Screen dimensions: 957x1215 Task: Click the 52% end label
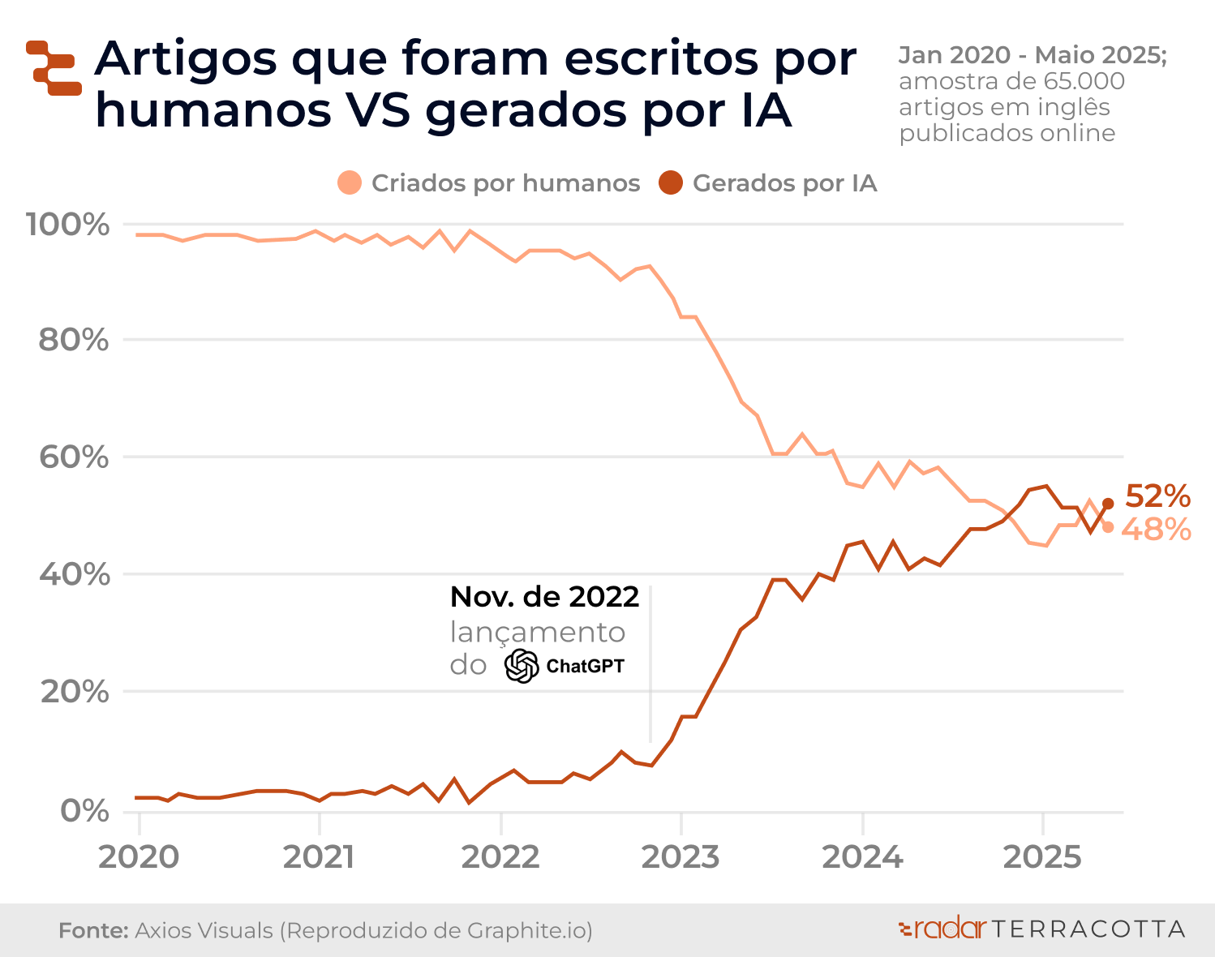pyautogui.click(x=1157, y=496)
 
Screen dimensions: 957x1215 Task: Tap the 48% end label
pyautogui.click(x=1157, y=530)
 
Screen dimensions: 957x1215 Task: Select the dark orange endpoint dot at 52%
pyautogui.click(x=1108, y=504)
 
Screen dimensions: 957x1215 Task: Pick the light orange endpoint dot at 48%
pyautogui.click(x=1108, y=527)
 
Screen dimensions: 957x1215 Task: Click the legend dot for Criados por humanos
pyautogui.click(x=350, y=183)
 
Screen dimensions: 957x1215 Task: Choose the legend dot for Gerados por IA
pyautogui.click(x=671, y=183)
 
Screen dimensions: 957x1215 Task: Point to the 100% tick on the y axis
pyautogui.click(x=67, y=225)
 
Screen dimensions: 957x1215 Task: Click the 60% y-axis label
pyautogui.click(x=73, y=457)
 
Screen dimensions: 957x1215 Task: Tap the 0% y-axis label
pyautogui.click(x=84, y=810)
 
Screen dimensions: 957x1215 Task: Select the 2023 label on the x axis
pyautogui.click(x=680, y=857)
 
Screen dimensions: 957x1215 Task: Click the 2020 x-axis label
pyautogui.click(x=139, y=857)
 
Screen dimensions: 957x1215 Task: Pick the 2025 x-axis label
pyautogui.click(x=1042, y=857)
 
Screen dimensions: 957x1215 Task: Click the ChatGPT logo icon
pyautogui.click(x=522, y=666)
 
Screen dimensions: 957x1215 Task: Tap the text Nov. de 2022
pyautogui.click(x=544, y=597)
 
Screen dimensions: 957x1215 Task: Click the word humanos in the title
pyautogui.click(x=213, y=111)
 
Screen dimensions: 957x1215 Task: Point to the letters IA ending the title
pyautogui.click(x=766, y=111)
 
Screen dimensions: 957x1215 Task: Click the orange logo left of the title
pyautogui.click(x=54, y=68)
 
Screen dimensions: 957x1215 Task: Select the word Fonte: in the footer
pyautogui.click(x=93, y=930)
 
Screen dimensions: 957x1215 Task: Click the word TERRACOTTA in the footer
pyautogui.click(x=1088, y=929)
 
